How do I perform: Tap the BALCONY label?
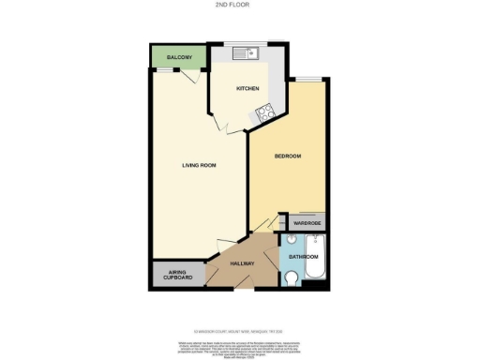point(180,58)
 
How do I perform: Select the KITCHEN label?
point(247,89)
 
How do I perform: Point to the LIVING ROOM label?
point(199,166)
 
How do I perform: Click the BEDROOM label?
point(287,156)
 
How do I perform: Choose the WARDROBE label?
point(307,223)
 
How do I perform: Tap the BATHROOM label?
point(304,256)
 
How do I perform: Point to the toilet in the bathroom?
point(292,278)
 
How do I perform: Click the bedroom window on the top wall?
point(308,79)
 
